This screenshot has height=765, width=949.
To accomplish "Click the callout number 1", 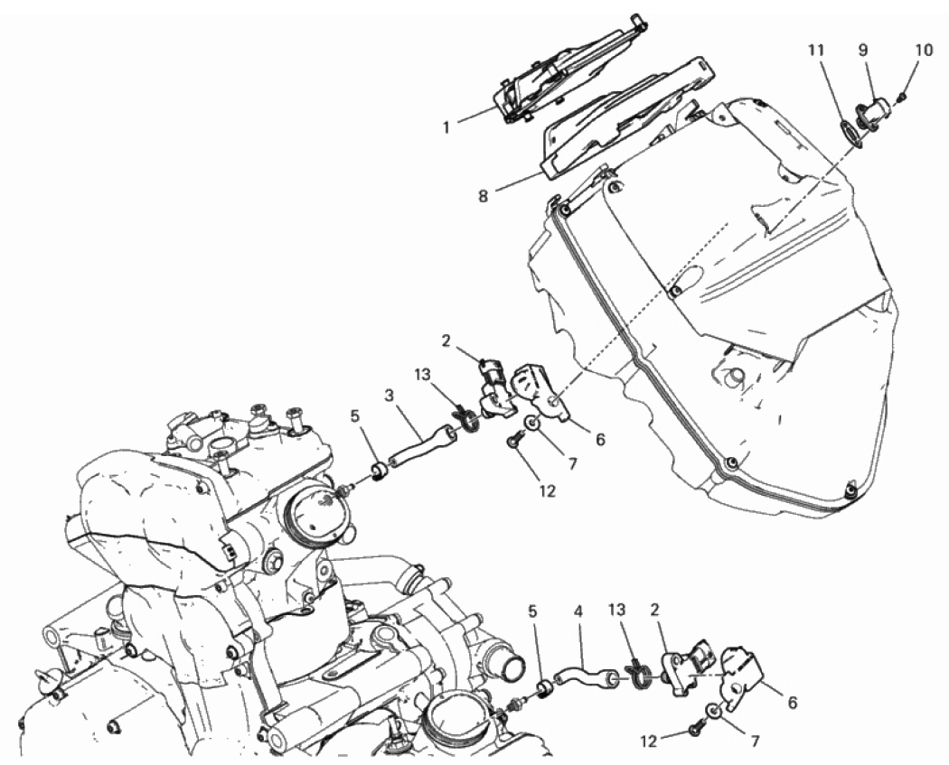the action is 446,128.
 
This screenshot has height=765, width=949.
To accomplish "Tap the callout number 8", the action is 483,197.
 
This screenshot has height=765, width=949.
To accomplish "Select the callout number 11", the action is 816,51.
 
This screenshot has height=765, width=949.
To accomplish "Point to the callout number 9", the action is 864,51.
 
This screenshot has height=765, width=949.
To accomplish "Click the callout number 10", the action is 924,51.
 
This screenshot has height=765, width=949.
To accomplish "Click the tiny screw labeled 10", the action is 902,96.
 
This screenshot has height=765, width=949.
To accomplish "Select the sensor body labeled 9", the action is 873,111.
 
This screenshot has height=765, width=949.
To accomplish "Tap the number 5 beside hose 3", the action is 354,416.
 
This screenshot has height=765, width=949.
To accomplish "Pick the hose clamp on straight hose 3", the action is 466,420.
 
